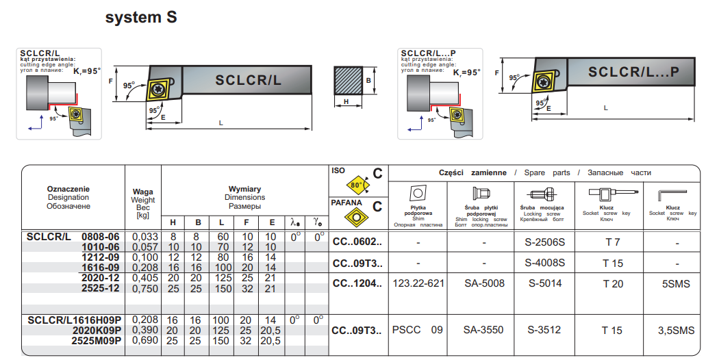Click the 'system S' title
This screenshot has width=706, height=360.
141,18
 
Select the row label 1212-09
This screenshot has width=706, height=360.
101,257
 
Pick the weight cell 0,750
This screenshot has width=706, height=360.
145,289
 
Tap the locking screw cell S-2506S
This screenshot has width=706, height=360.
544,242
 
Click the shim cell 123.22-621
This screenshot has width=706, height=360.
418,283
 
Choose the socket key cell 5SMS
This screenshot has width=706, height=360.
676,283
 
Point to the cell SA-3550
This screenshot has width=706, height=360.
484,331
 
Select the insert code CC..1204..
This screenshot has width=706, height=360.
357,283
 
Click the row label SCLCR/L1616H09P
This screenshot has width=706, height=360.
74,320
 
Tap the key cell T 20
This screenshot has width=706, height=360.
613,283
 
